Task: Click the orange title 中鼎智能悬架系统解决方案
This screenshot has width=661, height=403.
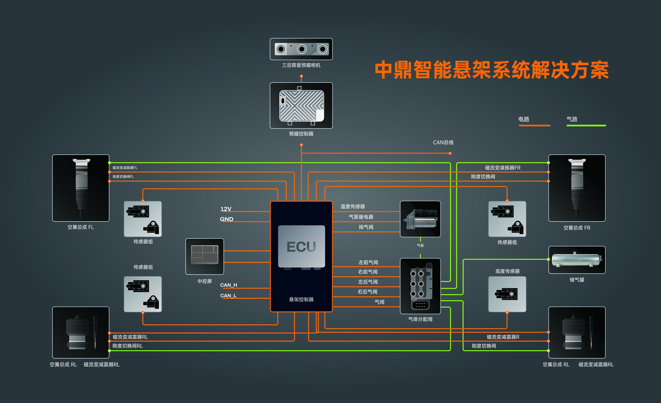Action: tap(492, 70)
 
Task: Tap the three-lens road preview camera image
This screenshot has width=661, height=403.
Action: tap(301, 49)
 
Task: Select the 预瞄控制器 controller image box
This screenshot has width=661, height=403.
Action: tap(301, 105)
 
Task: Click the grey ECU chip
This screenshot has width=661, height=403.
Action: tap(301, 246)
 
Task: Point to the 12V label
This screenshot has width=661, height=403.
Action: tap(226, 209)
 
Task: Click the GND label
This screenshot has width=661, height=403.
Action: tap(226, 219)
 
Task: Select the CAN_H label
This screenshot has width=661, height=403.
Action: tap(228, 285)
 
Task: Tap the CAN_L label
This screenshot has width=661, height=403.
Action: tap(228, 295)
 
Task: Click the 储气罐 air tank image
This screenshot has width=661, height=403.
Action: tap(577, 260)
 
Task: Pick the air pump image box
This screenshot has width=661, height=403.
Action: tap(420, 219)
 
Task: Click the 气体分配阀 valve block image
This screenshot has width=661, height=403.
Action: tap(420, 286)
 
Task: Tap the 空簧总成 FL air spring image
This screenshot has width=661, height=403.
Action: tap(81, 188)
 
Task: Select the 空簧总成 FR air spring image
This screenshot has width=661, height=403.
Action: tap(577, 188)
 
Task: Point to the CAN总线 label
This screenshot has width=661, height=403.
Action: tap(443, 142)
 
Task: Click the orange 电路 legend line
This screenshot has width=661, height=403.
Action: tap(534, 125)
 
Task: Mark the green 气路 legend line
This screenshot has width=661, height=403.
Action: tap(586, 125)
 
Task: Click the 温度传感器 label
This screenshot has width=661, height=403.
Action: tap(353, 206)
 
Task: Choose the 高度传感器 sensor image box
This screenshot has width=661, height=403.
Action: tap(507, 294)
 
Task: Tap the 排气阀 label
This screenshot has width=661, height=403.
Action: tap(366, 227)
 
